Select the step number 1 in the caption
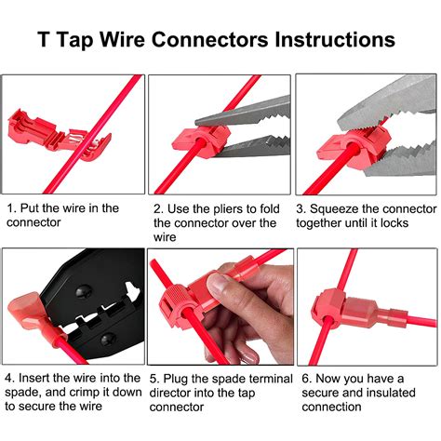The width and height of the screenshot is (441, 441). [11, 208]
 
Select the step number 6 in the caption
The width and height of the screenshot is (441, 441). [301, 379]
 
